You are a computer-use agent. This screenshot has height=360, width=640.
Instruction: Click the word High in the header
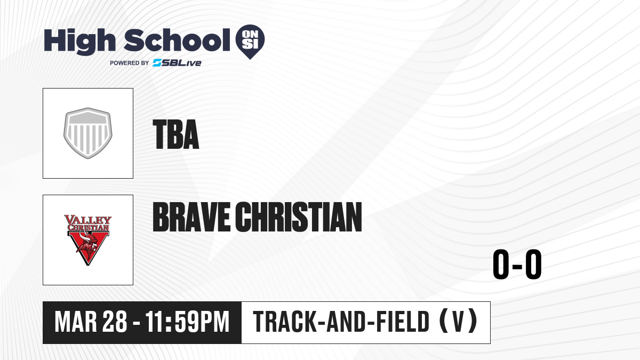[79, 42]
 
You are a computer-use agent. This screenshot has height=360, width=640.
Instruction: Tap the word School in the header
[177, 40]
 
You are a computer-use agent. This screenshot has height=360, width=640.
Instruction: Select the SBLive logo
[177, 63]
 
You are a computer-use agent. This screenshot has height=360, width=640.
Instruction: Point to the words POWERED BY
[130, 63]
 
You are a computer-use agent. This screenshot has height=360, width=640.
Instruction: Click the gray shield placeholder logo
[87, 133]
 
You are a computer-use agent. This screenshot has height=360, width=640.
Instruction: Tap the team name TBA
[175, 134]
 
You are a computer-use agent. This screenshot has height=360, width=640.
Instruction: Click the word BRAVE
[191, 217]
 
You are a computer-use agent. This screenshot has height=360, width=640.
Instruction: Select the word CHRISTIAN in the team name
[299, 217]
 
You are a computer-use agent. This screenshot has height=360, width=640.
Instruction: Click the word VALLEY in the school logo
[88, 220]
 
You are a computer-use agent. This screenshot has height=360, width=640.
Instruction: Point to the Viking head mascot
[87, 244]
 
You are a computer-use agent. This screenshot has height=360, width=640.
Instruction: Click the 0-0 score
[517, 264]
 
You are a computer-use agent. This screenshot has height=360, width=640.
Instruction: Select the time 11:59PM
[187, 322]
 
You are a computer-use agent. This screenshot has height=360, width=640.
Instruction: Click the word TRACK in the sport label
[285, 322]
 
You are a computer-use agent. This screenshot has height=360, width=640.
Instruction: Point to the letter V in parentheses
[458, 322]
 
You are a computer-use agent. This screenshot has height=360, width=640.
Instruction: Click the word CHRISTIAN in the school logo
[89, 228]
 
